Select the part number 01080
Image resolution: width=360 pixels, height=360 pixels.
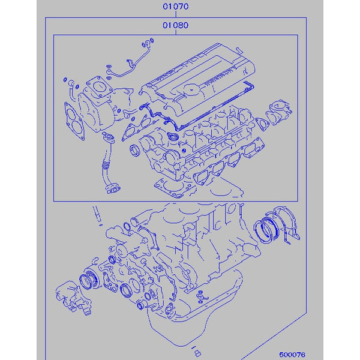[x=175, y=26]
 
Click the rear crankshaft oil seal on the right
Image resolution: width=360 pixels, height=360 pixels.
[x=268, y=228]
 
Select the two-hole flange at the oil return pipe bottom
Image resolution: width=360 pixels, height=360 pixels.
[x=112, y=190]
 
